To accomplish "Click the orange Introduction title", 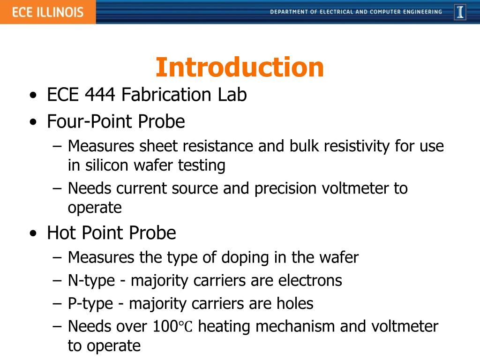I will click(x=240, y=67).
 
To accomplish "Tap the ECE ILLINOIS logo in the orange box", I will click(x=47, y=12).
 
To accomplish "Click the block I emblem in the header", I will click(x=460, y=12).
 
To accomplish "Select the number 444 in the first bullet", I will click(x=100, y=95).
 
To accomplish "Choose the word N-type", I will click(x=91, y=281).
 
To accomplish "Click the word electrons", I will click(x=310, y=281).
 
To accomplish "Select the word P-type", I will click(x=90, y=304).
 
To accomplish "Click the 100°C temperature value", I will click(x=172, y=326).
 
